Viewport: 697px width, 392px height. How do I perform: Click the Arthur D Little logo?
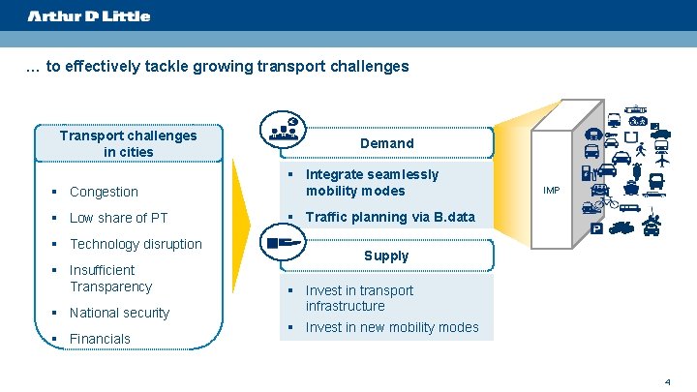pyautogui.click(x=89, y=15)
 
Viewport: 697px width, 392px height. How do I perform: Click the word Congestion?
pyautogui.click(x=104, y=192)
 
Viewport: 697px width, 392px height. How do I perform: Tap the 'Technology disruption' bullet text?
pyautogui.click(x=136, y=244)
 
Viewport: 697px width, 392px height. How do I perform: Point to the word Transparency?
pyautogui.click(x=110, y=286)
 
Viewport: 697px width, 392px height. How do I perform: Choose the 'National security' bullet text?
pyautogui.click(x=119, y=313)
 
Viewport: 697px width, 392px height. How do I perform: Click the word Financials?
pyautogui.click(x=100, y=339)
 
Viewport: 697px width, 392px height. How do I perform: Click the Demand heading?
pyautogui.click(x=386, y=143)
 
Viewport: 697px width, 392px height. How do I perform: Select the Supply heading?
pyautogui.click(x=386, y=256)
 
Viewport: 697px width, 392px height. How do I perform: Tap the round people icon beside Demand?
pyautogui.click(x=284, y=131)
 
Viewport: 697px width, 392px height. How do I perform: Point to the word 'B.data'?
pyautogui.click(x=453, y=217)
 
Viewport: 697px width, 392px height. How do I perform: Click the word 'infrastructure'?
pyautogui.click(x=345, y=306)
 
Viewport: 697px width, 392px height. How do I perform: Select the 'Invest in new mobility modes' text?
pyautogui.click(x=392, y=327)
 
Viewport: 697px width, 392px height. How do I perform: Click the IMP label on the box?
pyautogui.click(x=551, y=191)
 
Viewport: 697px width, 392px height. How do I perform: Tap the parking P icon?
pyautogui.click(x=595, y=229)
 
